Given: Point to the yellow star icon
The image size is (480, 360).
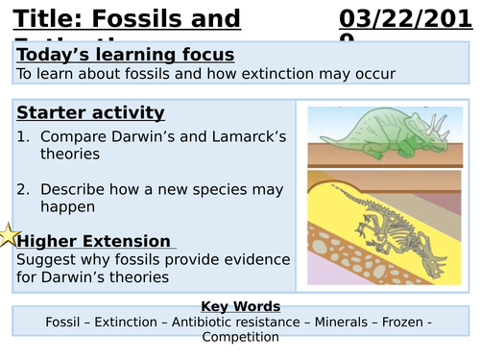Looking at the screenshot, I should click(x=9, y=235).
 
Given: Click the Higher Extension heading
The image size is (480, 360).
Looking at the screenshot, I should click(x=94, y=241).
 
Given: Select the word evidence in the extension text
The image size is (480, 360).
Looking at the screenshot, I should click(x=252, y=259).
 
